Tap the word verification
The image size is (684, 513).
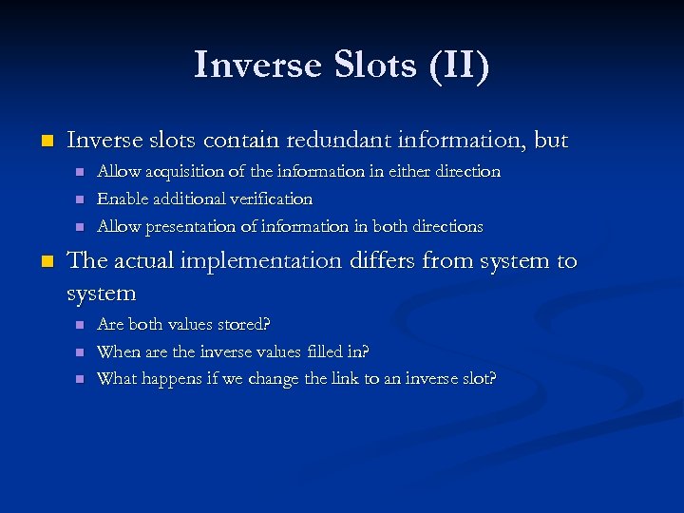click(x=268, y=199)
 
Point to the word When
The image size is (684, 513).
click(x=119, y=351)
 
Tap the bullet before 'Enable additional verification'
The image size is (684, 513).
click(x=80, y=199)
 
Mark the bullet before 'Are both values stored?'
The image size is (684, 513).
click(x=80, y=325)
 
